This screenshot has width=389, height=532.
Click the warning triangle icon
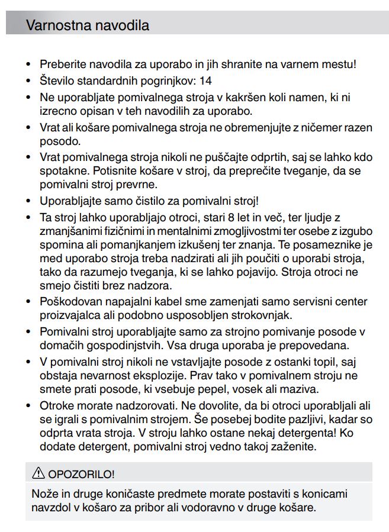[38, 473]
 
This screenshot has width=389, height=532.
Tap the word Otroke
[57, 406]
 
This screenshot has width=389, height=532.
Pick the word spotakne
[63, 171]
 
